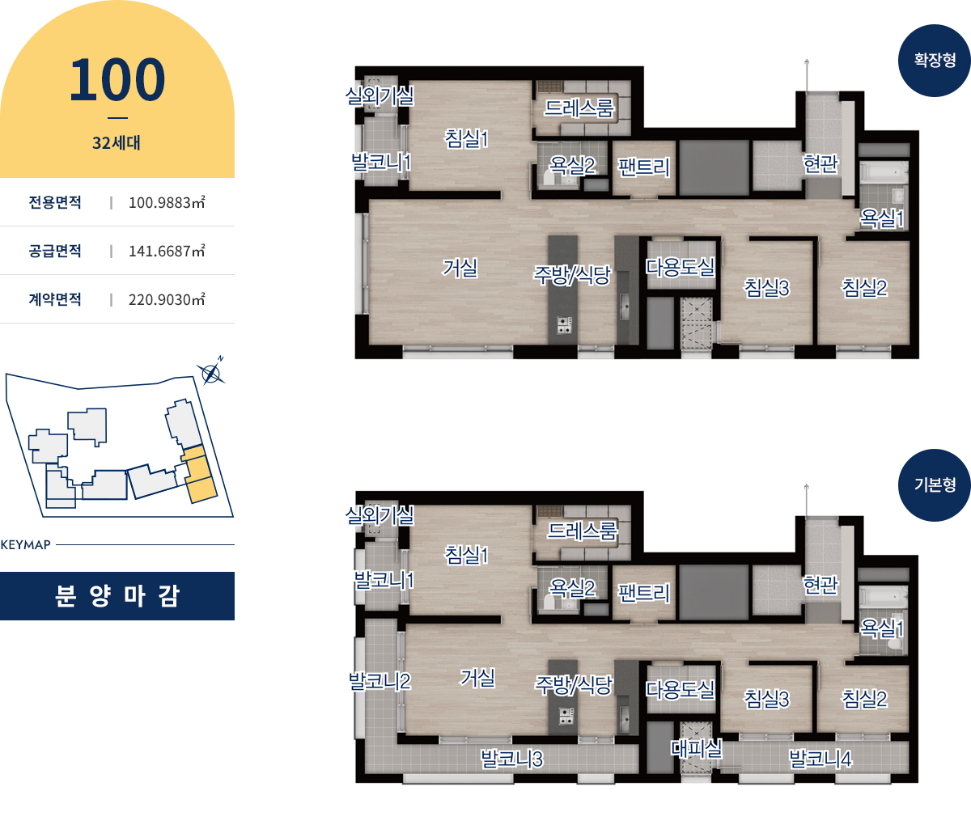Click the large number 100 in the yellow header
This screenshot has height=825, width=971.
(x=117, y=79)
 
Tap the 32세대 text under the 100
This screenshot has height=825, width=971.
(x=117, y=142)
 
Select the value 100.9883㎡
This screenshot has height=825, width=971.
(x=167, y=202)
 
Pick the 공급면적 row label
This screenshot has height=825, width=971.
(x=55, y=251)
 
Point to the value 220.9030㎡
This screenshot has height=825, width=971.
(x=167, y=299)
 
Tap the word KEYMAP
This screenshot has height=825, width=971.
(x=26, y=544)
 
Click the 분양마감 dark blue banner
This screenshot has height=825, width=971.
(x=117, y=596)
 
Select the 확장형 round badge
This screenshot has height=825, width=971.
(x=935, y=61)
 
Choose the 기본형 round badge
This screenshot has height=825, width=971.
(x=935, y=484)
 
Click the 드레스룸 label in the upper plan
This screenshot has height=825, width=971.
(x=579, y=108)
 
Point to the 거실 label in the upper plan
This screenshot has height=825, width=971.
(x=460, y=268)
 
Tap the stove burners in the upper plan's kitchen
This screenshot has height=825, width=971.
(x=564, y=325)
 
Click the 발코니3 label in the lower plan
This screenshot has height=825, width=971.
(x=511, y=759)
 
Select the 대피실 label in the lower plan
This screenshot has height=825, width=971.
(x=696, y=747)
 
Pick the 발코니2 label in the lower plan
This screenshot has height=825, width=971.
(x=379, y=681)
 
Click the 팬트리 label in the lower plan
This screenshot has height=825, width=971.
(x=643, y=593)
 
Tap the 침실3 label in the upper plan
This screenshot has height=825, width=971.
(x=766, y=288)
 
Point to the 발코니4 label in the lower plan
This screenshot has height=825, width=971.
(x=820, y=759)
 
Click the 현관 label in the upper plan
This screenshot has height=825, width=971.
(x=820, y=164)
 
